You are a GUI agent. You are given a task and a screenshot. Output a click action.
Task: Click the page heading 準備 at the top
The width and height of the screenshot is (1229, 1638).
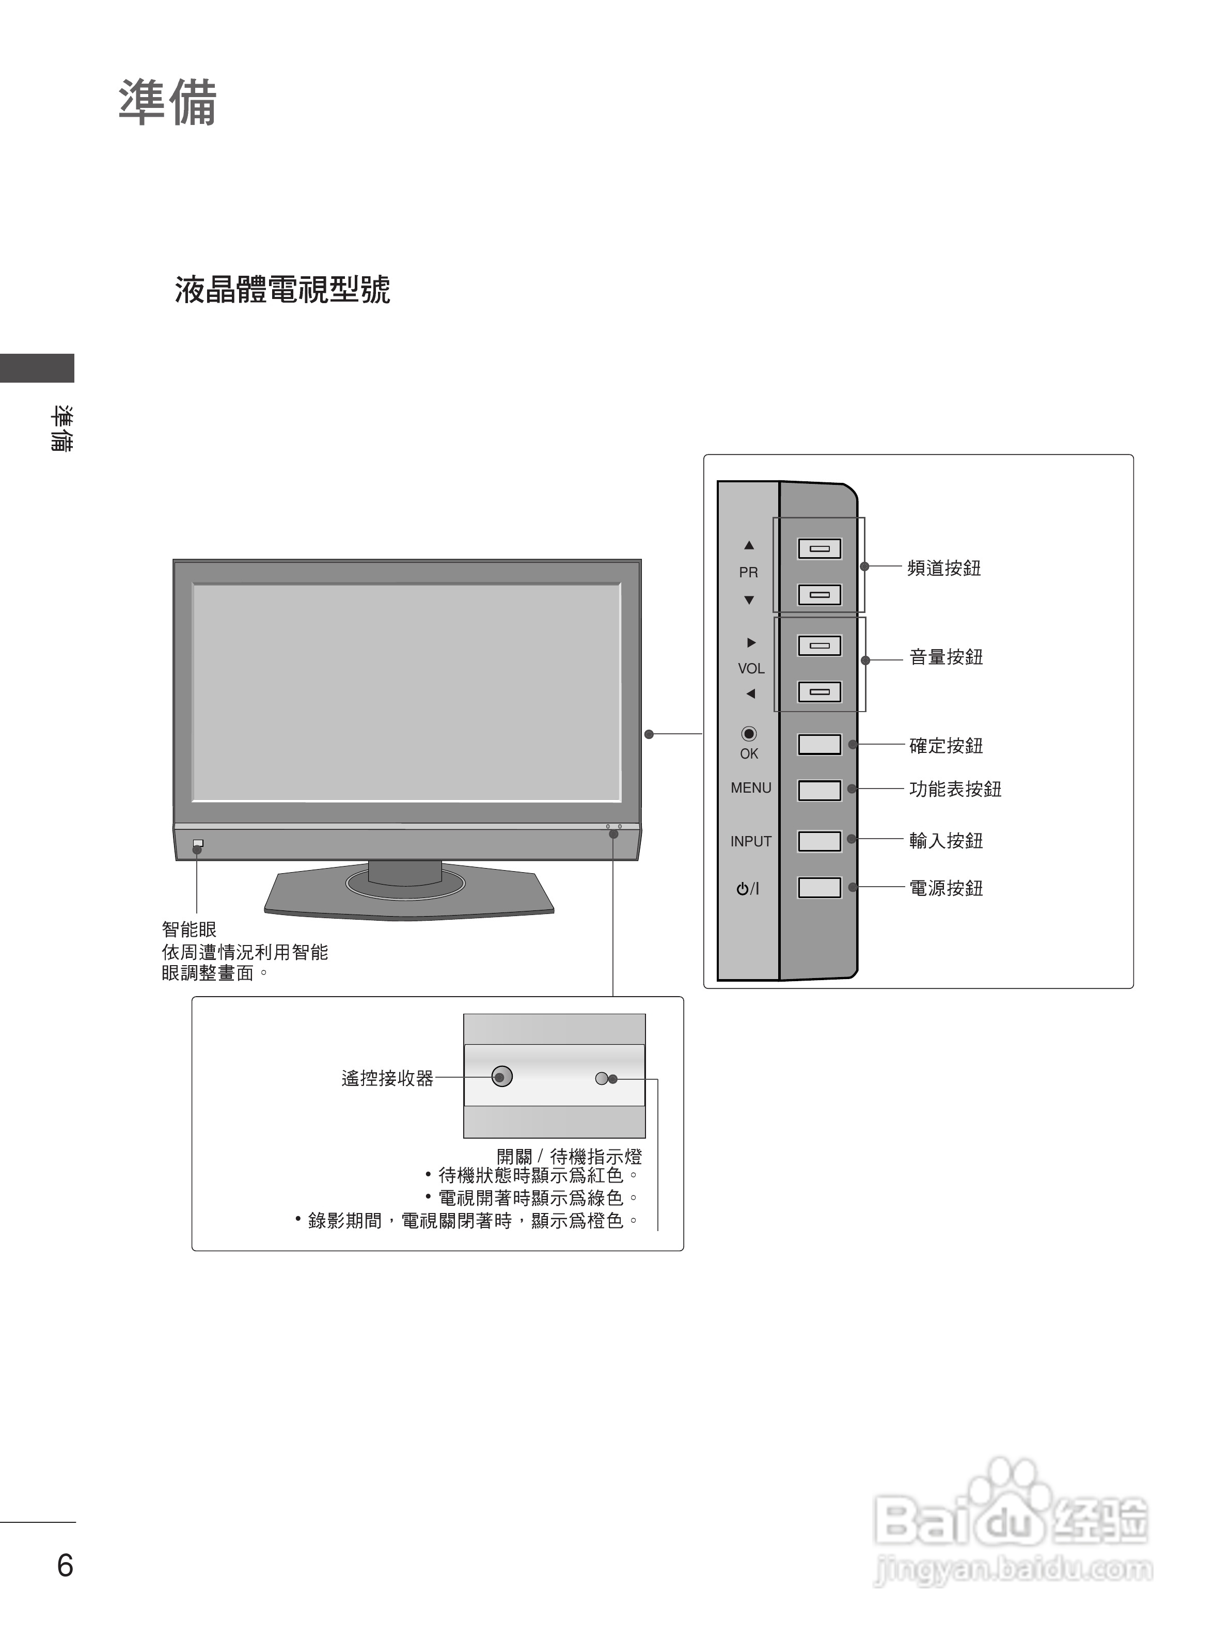click(x=167, y=103)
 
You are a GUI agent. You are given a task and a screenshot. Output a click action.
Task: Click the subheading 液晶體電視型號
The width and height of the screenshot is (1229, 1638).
click(x=282, y=290)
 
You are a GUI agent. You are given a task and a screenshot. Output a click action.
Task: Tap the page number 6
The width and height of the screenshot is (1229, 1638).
click(x=65, y=1565)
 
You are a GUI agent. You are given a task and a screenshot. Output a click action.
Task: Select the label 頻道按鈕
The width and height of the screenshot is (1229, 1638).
click(x=944, y=568)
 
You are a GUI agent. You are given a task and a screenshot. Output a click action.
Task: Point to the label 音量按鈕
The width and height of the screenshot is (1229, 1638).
click(x=946, y=657)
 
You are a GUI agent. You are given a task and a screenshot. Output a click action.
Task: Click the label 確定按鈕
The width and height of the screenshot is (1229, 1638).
click(x=946, y=746)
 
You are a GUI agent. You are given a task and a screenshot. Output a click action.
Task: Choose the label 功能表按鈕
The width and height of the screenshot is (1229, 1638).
click(x=955, y=790)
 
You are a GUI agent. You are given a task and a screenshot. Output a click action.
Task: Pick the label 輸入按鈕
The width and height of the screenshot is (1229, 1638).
click(x=946, y=841)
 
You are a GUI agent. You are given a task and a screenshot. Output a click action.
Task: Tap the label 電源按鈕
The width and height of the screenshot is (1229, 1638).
click(x=946, y=888)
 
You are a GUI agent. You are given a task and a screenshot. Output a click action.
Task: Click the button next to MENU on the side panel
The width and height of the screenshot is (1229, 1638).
click(x=819, y=790)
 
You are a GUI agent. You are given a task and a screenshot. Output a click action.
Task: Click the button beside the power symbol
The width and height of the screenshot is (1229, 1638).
click(x=819, y=888)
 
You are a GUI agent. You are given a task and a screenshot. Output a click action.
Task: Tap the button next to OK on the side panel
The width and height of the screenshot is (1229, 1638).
click(x=819, y=744)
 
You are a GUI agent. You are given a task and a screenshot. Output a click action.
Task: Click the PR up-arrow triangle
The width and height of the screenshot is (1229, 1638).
click(x=749, y=546)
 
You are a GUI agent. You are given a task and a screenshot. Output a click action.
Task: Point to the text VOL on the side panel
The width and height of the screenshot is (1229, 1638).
click(x=751, y=669)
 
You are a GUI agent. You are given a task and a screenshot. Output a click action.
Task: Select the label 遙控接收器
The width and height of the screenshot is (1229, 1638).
click(x=387, y=1078)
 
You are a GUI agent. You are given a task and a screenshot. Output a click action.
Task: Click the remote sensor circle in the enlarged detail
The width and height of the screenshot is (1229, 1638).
click(x=502, y=1077)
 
